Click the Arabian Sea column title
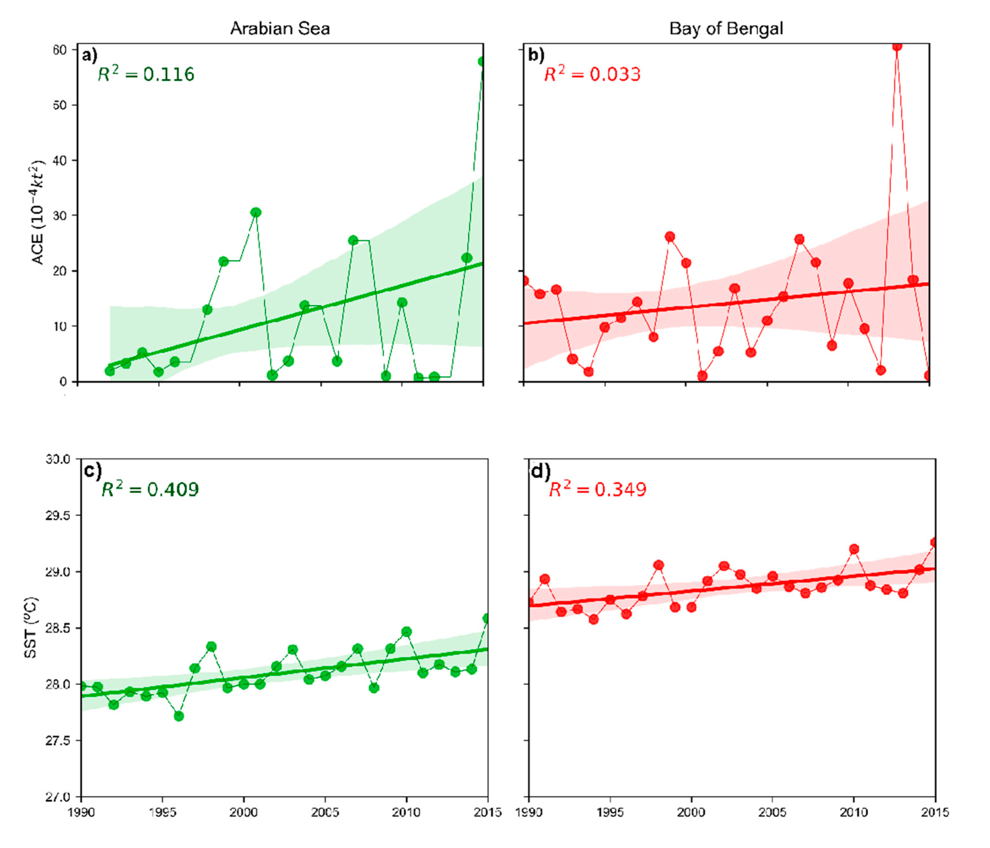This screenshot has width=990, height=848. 280,29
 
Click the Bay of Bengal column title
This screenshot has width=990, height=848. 726,29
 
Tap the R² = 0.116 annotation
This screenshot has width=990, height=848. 146,74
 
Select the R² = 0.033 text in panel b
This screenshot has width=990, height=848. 593,74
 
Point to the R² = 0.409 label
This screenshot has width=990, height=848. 150,489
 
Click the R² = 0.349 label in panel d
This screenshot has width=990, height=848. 597,489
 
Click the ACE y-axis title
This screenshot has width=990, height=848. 37,212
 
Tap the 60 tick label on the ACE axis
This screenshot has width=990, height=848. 60,50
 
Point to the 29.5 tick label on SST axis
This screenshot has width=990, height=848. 57,515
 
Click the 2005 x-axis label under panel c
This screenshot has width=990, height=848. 325,812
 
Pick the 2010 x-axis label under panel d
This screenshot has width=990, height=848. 853,812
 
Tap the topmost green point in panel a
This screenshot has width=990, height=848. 482,62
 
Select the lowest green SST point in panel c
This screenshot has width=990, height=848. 179,716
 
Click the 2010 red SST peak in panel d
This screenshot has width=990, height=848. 854,549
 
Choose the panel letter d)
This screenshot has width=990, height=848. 540,471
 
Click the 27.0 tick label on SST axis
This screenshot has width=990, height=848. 57,797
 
